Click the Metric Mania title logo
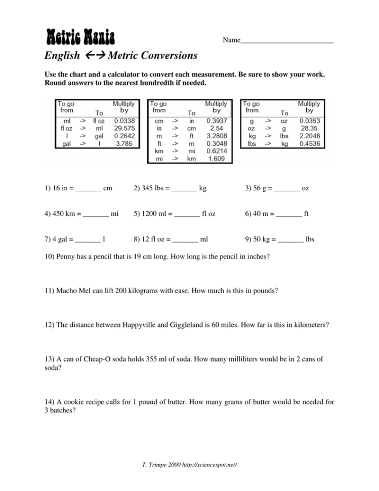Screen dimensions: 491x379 pos(80,36)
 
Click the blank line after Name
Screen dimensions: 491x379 pos(286,40)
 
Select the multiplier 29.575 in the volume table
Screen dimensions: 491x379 pos(124,129)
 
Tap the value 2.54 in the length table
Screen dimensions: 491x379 pos(217,129)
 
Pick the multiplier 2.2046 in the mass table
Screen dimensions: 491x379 pos(309,136)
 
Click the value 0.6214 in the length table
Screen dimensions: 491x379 pos(217,151)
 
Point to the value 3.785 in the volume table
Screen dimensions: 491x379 pos(124,143)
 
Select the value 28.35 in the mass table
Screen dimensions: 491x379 pos(309,129)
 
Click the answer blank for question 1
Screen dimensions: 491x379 pos(89,189)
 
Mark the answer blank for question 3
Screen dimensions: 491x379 pos(286,189)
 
